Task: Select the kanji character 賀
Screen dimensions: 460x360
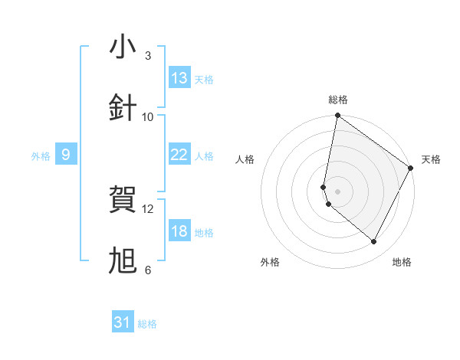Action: [123, 200]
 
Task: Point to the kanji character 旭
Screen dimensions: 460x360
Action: [123, 261]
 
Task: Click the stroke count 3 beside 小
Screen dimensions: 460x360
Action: [148, 56]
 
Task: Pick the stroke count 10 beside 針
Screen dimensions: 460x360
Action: [148, 117]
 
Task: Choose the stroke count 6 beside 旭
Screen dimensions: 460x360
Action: [148, 270]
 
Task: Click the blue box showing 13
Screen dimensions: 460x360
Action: [179, 78]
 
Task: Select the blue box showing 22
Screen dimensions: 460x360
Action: [179, 155]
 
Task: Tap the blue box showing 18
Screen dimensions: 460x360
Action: [179, 231]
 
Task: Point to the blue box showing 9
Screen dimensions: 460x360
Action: [66, 155]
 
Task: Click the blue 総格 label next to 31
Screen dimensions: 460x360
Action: [147, 324]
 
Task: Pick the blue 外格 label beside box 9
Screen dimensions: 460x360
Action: [41, 156]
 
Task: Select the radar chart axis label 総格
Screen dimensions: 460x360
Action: [338, 100]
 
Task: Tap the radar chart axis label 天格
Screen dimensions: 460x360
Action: [431, 159]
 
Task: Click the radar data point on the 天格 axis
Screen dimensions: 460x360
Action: [411, 168]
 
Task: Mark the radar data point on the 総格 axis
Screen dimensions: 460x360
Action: [337, 116]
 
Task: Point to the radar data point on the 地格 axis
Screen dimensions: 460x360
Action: [374, 242]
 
